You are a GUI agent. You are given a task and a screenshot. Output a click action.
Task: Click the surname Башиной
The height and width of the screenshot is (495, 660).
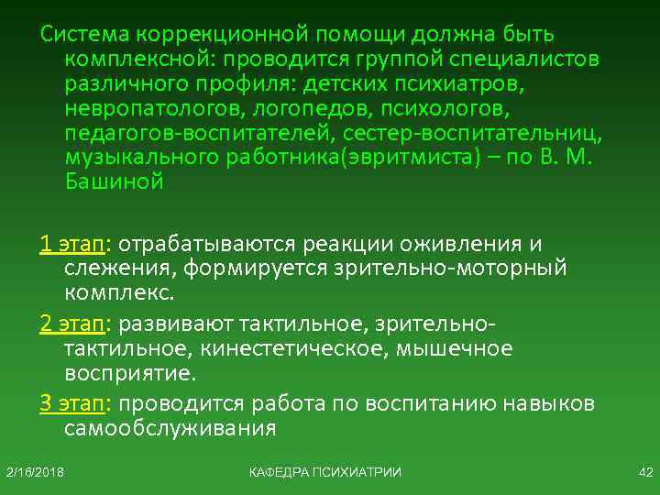coord(114,182)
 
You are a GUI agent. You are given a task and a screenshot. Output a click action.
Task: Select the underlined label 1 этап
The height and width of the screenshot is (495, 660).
coord(72,245)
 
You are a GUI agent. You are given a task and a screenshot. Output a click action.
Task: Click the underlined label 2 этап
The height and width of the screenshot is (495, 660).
coord(72,324)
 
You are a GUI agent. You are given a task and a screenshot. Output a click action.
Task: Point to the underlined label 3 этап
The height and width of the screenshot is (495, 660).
coord(72,404)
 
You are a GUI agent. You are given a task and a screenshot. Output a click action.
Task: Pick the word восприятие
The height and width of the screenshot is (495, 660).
coord(129,374)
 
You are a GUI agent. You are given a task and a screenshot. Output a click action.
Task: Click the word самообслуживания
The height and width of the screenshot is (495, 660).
coord(170,429)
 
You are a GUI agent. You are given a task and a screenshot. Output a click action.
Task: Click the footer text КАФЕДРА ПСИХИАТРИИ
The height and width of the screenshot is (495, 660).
coord(324,471)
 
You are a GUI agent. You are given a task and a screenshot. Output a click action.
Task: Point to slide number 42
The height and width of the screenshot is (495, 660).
coord(643,471)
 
